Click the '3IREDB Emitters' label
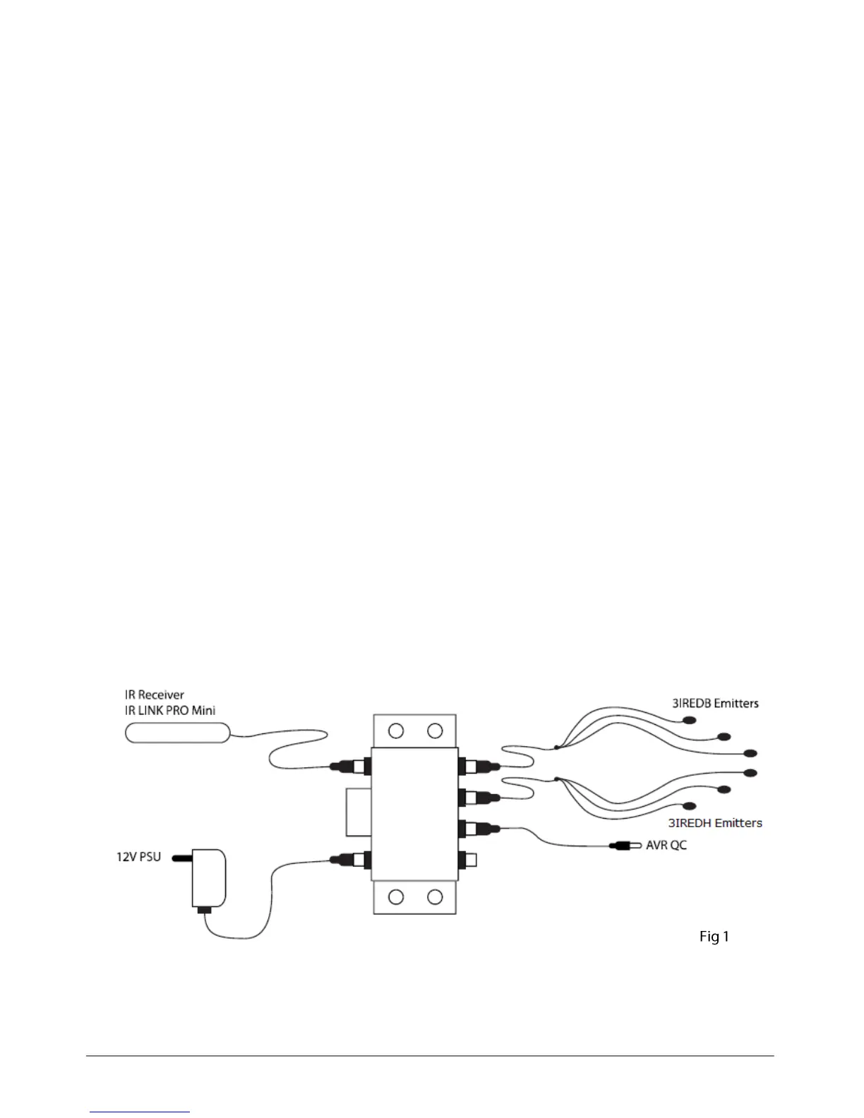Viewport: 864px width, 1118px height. point(714,703)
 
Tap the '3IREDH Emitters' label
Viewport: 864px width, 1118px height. point(715,822)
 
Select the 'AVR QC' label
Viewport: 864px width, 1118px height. point(666,845)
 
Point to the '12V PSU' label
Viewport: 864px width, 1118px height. point(138,857)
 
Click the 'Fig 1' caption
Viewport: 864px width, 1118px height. point(714,937)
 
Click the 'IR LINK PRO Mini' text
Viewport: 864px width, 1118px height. point(170,711)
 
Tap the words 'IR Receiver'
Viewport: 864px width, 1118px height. point(155,695)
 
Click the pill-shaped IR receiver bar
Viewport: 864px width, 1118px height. point(177,733)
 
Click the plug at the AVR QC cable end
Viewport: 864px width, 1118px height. point(624,845)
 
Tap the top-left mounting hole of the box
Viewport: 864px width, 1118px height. point(396,731)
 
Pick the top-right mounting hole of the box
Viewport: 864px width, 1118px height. point(435,731)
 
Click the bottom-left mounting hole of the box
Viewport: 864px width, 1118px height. point(396,897)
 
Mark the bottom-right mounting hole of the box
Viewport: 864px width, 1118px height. point(435,897)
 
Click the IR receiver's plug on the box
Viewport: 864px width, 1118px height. point(351,766)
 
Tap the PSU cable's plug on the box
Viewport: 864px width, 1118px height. point(351,860)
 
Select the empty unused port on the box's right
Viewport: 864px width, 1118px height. point(469,860)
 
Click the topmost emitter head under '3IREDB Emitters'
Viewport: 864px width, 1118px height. point(689,721)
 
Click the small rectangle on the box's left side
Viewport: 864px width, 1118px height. point(359,812)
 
